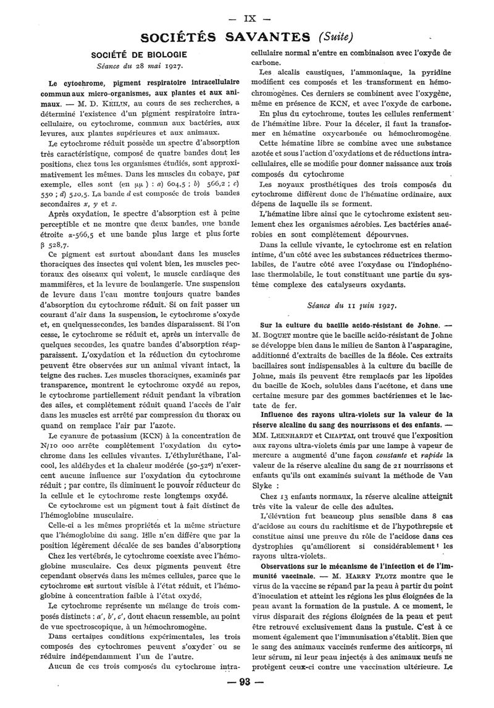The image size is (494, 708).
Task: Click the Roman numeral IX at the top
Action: [x=245, y=12]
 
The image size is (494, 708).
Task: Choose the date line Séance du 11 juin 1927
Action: [x=351, y=305]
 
